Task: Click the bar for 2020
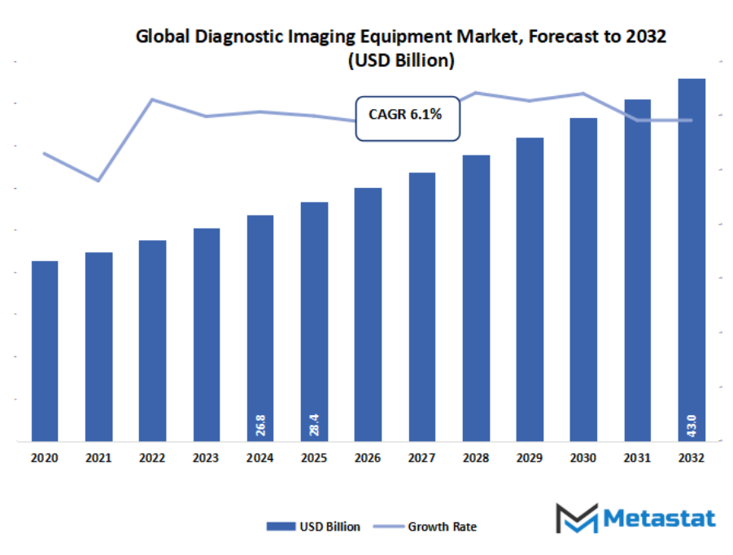click(x=45, y=352)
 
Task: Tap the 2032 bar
click(x=692, y=260)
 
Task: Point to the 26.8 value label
click(x=260, y=425)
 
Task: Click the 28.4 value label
click(x=314, y=425)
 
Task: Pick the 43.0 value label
click(x=692, y=425)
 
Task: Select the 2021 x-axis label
click(x=98, y=458)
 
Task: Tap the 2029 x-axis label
click(x=530, y=458)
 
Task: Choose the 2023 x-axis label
click(x=206, y=458)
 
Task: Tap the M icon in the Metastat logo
click(x=577, y=518)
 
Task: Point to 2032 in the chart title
click(x=650, y=37)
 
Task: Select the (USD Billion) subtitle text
click(x=400, y=61)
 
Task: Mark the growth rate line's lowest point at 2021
click(x=98, y=181)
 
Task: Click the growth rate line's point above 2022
click(x=152, y=99)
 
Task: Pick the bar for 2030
click(x=583, y=280)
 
